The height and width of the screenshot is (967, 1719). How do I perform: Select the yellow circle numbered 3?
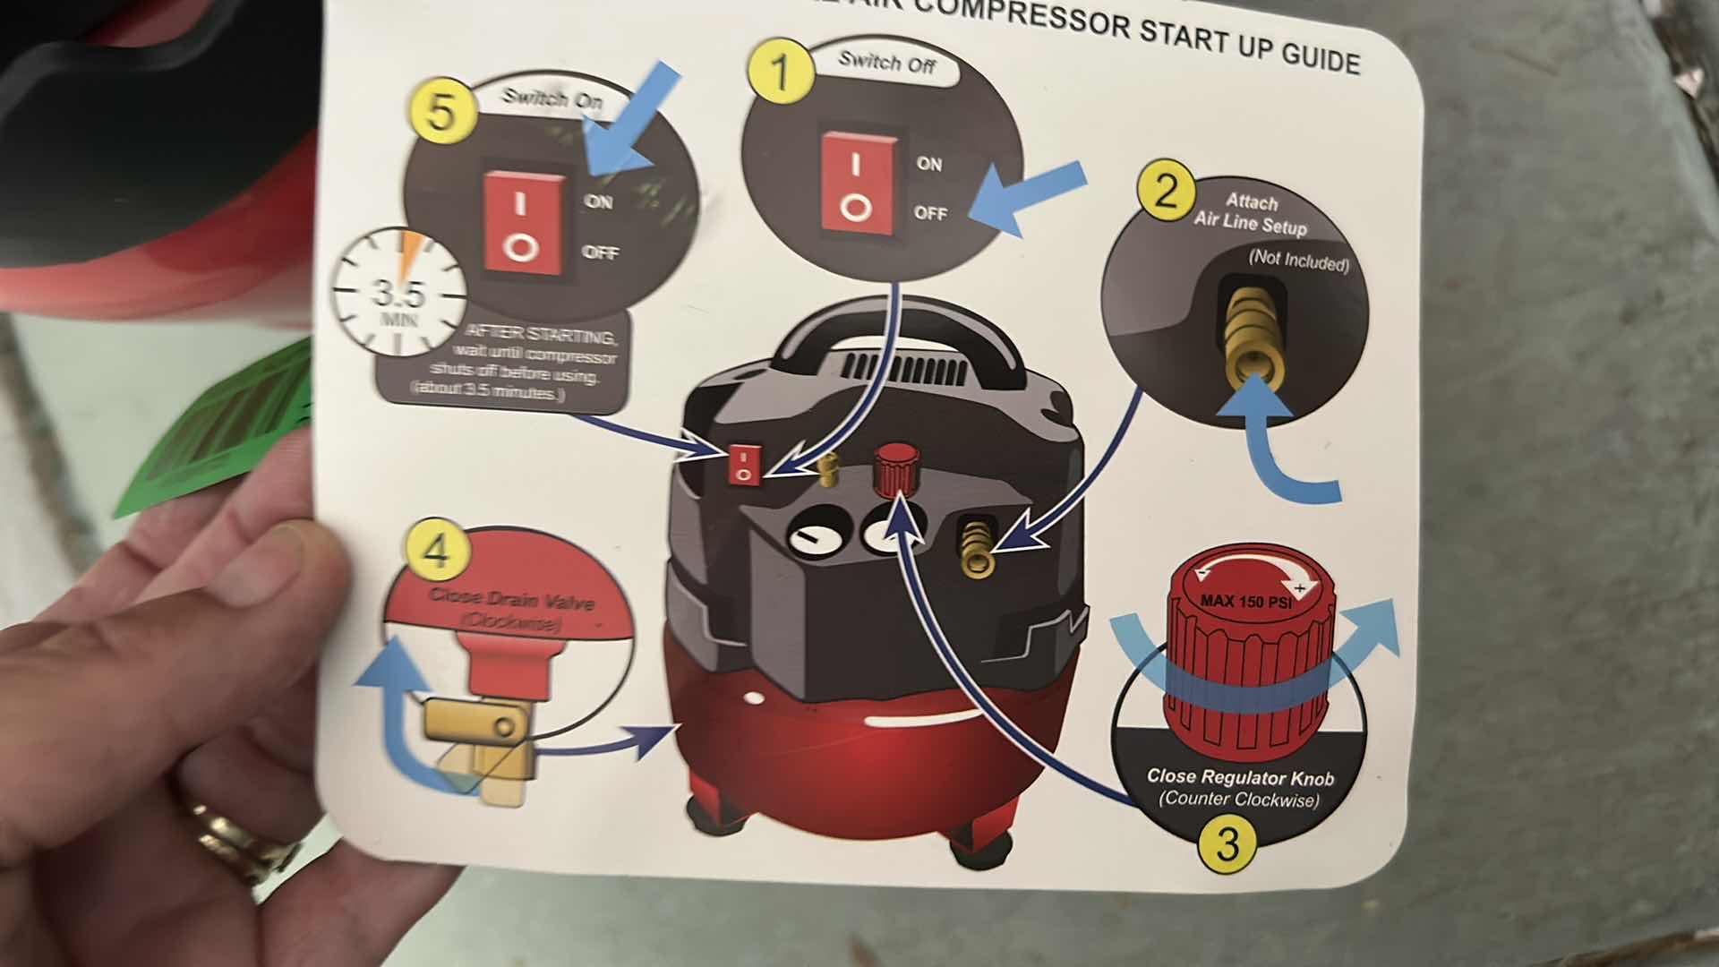1227,843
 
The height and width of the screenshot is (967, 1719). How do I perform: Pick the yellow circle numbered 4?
435,552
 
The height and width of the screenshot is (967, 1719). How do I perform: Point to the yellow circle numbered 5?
440,114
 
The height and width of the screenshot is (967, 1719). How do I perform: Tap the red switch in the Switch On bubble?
524,223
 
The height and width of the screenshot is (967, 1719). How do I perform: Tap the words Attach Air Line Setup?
1251,213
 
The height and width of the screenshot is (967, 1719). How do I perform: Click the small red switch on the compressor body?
743,465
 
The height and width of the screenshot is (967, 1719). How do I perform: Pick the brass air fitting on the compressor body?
975,547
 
